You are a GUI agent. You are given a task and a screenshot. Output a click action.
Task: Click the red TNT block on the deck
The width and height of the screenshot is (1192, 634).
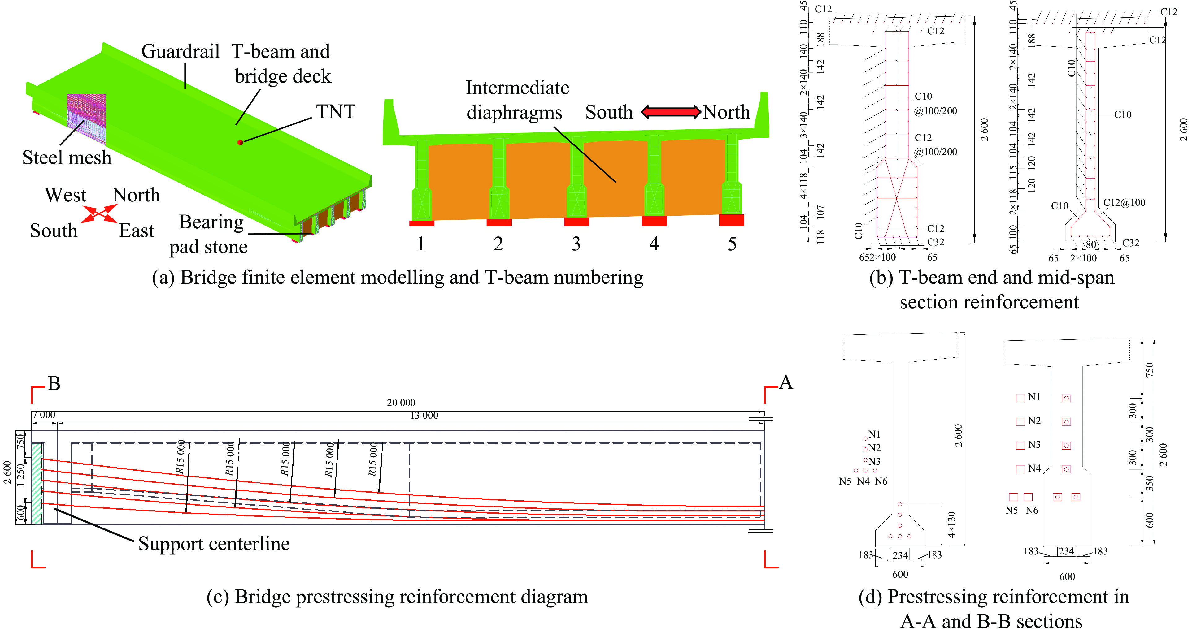point(240,142)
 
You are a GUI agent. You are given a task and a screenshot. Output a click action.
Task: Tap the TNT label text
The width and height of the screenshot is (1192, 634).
point(336,112)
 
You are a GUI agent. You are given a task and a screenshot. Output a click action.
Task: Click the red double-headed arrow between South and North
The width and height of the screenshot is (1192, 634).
point(670,112)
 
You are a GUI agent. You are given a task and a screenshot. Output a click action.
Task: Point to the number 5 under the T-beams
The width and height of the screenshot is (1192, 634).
point(732,244)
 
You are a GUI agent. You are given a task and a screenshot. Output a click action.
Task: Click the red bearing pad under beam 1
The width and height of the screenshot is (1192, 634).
point(422,223)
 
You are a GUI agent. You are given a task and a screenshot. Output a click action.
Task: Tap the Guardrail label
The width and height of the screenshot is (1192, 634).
point(180,51)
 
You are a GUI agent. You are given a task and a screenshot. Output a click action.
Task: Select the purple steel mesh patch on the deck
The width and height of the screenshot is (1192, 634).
point(86,118)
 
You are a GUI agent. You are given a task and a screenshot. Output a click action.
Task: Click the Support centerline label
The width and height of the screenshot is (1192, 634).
point(214,544)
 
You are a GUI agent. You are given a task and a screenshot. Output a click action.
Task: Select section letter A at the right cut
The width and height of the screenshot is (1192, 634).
point(786,382)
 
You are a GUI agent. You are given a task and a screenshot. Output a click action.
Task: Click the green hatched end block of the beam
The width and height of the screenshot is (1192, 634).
point(37,483)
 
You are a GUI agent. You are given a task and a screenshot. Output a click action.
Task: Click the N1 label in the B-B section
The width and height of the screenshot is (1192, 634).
point(1034,397)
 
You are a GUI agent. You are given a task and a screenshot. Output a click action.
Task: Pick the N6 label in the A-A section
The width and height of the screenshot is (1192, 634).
point(881,481)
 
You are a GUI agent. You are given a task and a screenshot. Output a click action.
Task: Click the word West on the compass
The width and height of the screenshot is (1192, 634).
point(65,195)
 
